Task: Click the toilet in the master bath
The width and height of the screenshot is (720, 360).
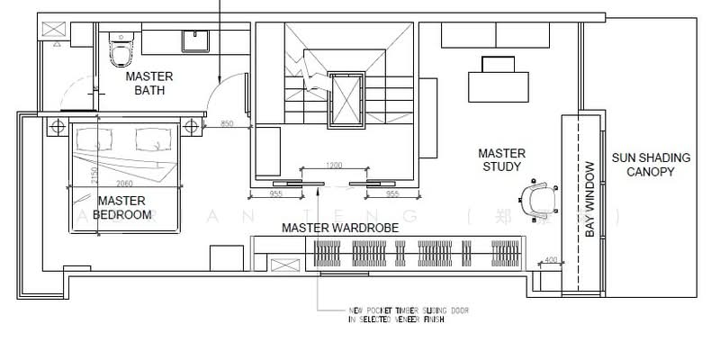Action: coord(118,49)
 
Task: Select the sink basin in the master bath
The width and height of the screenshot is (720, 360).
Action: coord(195,40)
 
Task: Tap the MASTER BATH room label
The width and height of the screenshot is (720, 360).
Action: coord(148,84)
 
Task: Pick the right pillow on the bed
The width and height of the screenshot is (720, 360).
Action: coord(150,138)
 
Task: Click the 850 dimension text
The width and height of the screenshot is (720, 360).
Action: coord(228,122)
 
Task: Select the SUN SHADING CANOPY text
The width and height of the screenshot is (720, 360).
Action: coord(651,164)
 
